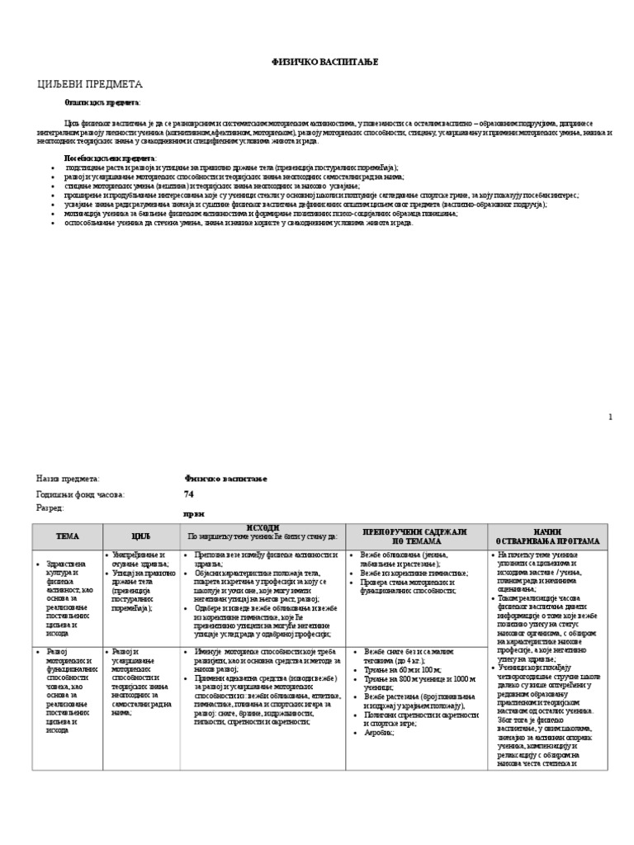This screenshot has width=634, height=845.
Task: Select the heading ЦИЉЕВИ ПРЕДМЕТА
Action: pos(90,84)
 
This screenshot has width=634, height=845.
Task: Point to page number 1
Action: pos(610,418)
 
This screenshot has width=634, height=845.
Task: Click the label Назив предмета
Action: pos(68,479)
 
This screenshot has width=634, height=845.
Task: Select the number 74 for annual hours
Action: pos(189,493)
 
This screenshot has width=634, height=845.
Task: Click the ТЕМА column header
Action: pos(67,536)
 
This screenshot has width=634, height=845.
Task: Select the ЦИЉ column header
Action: pos(140,536)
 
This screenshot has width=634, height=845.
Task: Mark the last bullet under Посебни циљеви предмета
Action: pos(227,223)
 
